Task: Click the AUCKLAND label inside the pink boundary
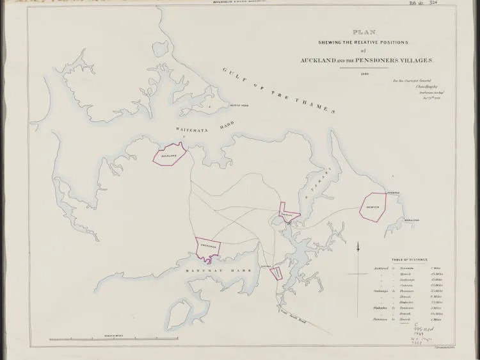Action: (x=169, y=156)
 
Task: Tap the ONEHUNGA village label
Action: (x=209, y=246)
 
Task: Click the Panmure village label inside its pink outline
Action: (x=289, y=215)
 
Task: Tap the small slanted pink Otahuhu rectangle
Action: (x=276, y=273)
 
